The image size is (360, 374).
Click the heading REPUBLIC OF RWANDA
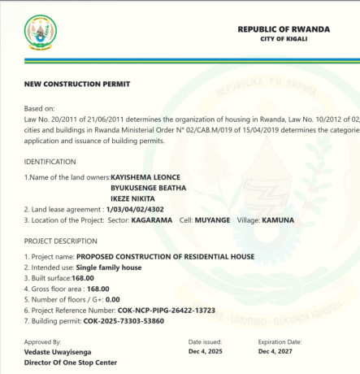point(284,29)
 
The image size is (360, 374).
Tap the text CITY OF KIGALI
point(284,40)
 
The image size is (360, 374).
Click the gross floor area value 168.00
point(98,289)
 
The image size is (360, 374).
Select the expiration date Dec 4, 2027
point(277,352)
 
